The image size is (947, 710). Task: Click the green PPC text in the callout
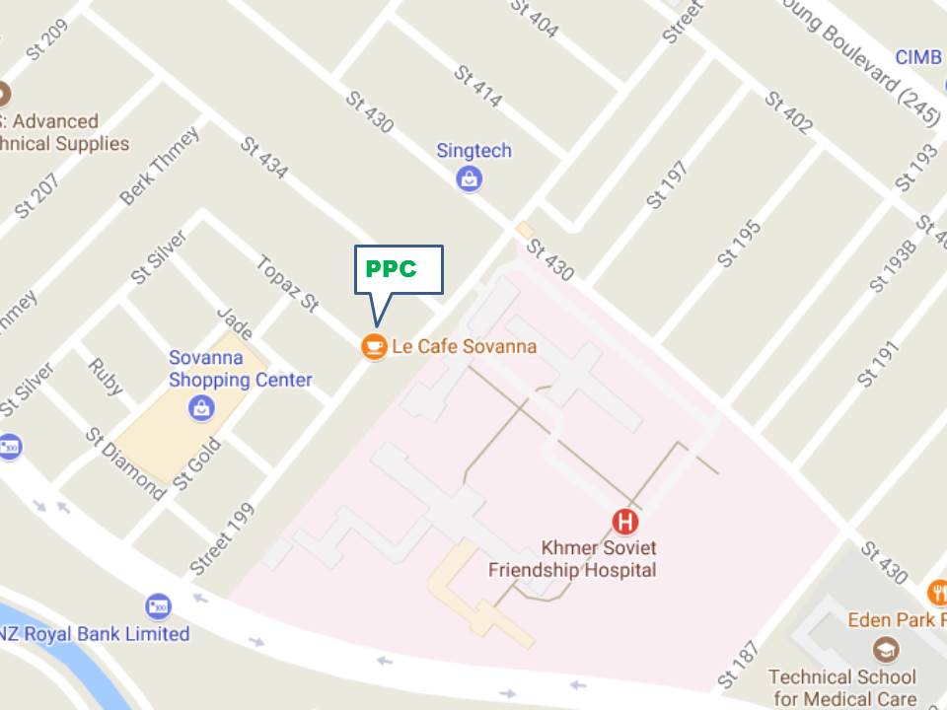coord(392,268)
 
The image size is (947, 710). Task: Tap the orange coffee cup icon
coord(374,346)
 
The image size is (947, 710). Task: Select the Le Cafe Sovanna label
coord(464,346)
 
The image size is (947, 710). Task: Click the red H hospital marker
coord(625,521)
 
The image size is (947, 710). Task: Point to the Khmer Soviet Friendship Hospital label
coord(572,558)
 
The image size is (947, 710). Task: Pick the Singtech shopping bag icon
coord(470,178)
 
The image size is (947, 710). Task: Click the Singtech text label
coord(473,151)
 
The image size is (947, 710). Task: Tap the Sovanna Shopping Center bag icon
coord(202,406)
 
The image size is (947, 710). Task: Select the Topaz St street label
coord(286,285)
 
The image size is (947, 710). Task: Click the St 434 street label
coord(264,158)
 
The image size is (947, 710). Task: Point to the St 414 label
coord(477,87)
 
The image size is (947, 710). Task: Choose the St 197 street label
coord(668,185)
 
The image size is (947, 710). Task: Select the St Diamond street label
coord(125,464)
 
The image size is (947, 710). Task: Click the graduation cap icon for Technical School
coord(885,650)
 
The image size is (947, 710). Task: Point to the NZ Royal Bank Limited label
coord(95,633)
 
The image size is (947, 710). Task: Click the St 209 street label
coord(47,40)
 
